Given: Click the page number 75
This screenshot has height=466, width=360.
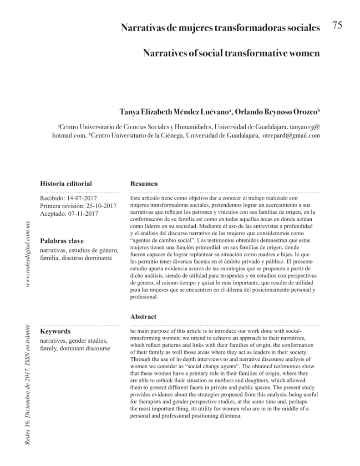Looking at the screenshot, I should (x=337, y=26).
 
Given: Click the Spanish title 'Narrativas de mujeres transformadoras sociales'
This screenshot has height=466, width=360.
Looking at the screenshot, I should (x=220, y=28).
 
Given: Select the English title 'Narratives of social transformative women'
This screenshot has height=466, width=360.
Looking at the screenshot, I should (x=231, y=54).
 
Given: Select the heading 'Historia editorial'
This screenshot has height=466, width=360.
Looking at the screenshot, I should (x=66, y=184).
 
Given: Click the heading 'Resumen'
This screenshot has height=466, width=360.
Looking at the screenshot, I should (x=144, y=184).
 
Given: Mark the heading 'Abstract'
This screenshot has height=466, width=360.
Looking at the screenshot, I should (x=143, y=316).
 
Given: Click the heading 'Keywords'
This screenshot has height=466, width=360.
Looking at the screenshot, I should (x=55, y=332).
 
